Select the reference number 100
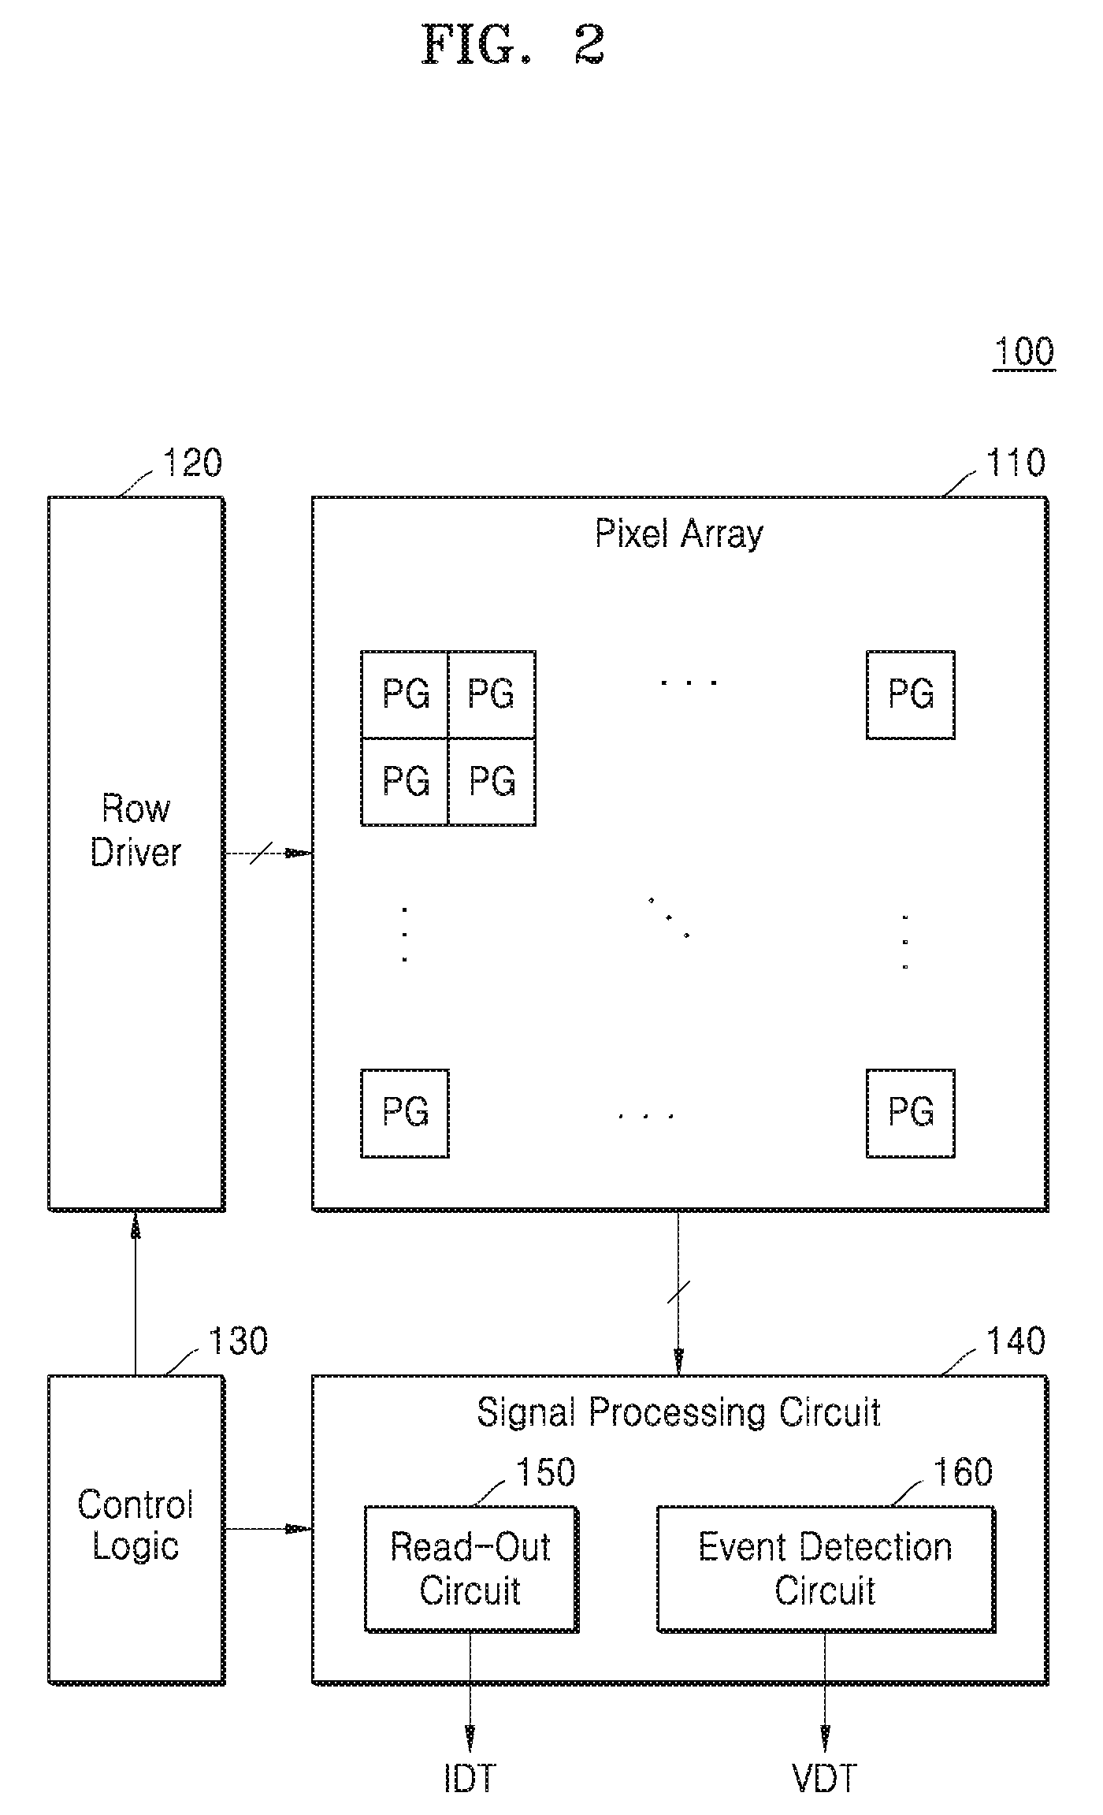1023,351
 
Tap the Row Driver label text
136,831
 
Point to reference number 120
192,463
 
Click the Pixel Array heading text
678,535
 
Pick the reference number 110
1016,463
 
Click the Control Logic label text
136,1526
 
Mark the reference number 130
238,1341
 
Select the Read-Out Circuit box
471,1568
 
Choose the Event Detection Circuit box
826,1568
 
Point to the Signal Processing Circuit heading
678,1412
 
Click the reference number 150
545,1472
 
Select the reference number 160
963,1472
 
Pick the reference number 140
1016,1341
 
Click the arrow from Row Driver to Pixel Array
269,853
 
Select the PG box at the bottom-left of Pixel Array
405,1113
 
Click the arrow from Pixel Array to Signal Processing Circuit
678,1293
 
